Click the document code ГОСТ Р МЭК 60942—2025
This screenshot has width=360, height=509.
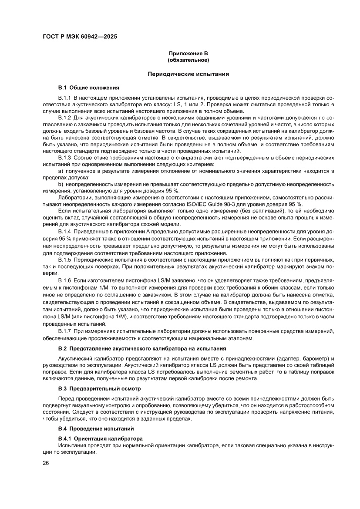(80, 37)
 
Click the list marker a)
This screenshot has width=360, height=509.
(61, 171)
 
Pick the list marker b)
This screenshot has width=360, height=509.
(61, 185)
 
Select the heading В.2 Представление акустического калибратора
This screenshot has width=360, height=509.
(142, 349)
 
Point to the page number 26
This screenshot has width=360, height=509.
(46, 463)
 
